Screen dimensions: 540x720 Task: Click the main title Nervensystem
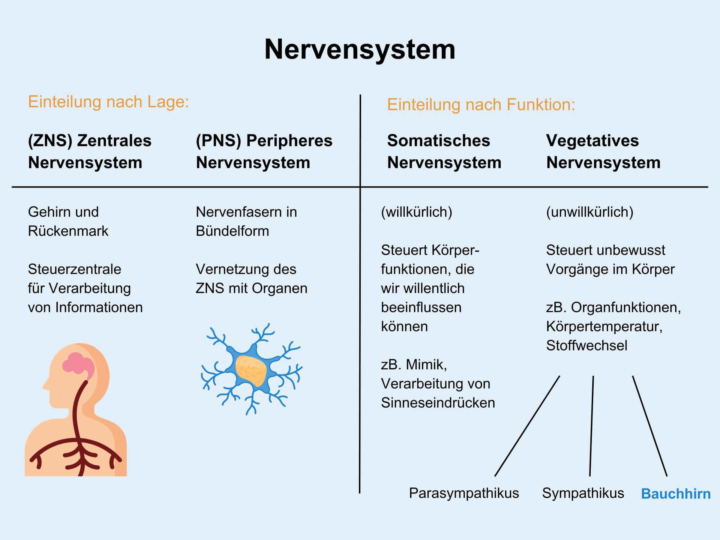point(360,49)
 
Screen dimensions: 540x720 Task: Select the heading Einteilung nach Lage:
point(108,102)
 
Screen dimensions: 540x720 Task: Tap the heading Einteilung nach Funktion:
point(481,104)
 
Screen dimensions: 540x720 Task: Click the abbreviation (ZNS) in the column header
point(50,141)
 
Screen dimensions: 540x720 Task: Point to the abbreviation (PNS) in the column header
point(218,141)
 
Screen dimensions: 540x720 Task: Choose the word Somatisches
point(438,141)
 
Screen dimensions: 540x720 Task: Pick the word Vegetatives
point(592,141)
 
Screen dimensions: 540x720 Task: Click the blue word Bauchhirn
point(676,493)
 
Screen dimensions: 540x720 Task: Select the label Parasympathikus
point(464,493)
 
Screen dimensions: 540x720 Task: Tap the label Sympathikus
point(583,493)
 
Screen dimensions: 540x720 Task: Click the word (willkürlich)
point(417,212)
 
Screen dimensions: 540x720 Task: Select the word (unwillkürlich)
point(589,212)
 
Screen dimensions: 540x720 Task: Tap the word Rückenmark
point(68,231)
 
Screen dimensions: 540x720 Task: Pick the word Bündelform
point(232,231)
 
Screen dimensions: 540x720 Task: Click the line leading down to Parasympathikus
point(527,426)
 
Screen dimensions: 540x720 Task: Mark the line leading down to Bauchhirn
point(650,426)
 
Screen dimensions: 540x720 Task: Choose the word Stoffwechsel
point(586,345)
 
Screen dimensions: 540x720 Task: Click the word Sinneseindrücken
point(438,403)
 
